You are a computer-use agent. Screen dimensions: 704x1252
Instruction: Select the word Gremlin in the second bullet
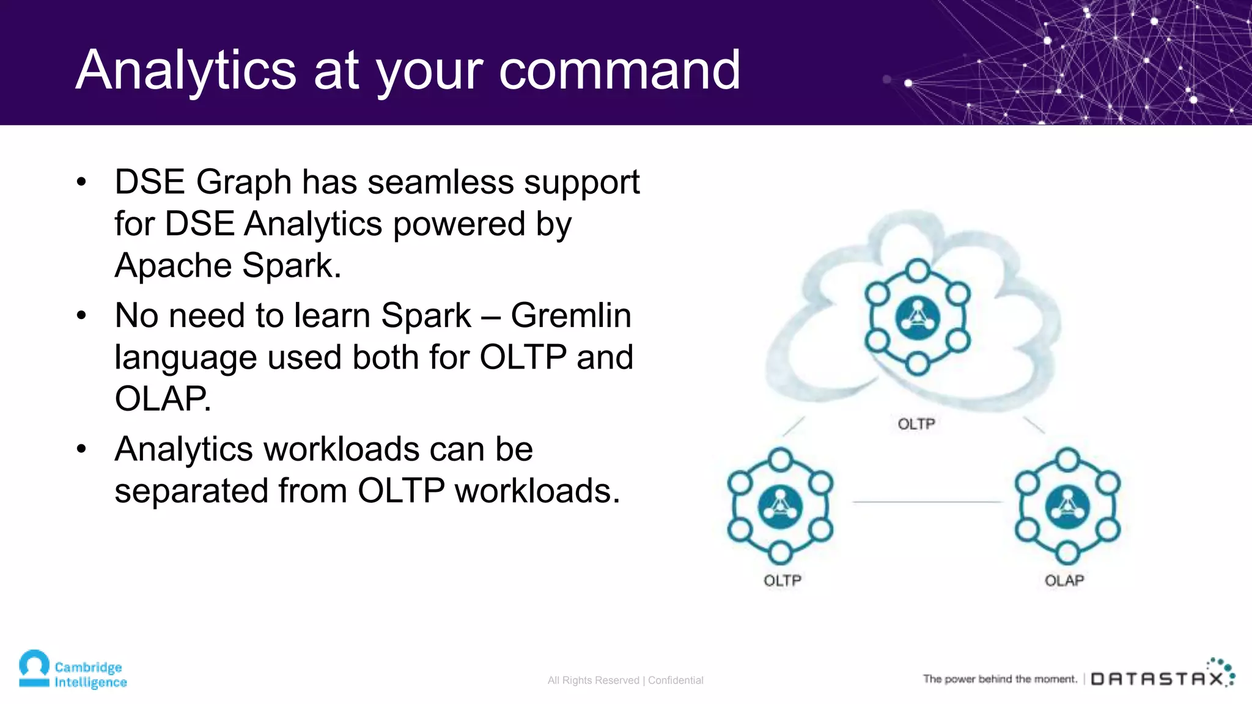(x=571, y=316)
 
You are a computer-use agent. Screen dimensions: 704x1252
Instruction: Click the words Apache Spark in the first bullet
(x=227, y=266)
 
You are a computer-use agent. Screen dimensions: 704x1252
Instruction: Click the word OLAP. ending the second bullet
(x=163, y=399)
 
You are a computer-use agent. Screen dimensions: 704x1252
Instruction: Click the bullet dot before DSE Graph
(x=82, y=182)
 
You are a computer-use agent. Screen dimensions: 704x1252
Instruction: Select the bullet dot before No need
(x=82, y=316)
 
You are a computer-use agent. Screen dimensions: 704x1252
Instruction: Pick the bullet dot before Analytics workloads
(x=82, y=449)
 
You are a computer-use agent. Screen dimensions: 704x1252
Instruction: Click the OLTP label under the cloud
(x=916, y=424)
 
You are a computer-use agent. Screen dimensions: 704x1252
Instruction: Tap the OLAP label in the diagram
(x=1064, y=581)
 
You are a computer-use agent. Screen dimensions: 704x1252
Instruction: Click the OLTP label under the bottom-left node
(x=782, y=581)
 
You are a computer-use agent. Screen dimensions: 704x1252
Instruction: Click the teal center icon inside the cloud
(x=917, y=317)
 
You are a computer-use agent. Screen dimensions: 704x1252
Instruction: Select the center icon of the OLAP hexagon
(x=1067, y=507)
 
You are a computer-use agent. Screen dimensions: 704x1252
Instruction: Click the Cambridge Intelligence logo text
(x=90, y=675)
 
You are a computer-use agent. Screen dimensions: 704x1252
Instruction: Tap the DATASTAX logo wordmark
(x=1157, y=679)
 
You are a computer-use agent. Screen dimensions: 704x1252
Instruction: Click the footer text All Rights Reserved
(x=593, y=680)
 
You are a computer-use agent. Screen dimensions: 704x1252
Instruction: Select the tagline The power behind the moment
(x=1000, y=679)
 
